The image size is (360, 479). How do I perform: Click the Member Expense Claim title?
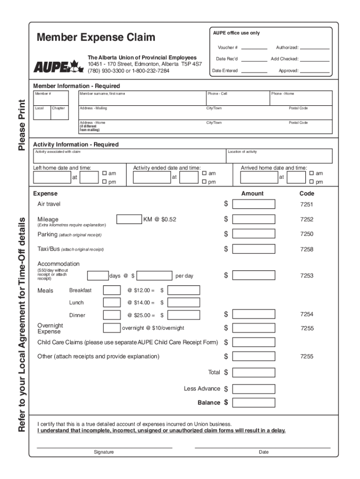point(96,37)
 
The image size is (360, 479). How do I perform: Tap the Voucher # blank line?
point(254,47)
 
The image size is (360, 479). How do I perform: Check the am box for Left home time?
point(105,174)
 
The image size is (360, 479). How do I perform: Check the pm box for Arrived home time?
point(312,182)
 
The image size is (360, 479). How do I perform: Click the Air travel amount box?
point(253,204)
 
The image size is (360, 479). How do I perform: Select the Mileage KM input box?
point(129,219)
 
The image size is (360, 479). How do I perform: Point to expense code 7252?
point(307,219)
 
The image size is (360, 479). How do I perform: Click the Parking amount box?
point(253,234)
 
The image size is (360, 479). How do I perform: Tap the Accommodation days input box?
point(98,276)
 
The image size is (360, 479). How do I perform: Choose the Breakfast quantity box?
point(111,290)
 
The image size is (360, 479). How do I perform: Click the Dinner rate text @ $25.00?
point(141,315)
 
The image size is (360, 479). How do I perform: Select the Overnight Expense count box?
point(111,328)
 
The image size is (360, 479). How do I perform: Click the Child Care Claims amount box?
point(253,342)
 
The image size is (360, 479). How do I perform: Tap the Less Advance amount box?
point(253,389)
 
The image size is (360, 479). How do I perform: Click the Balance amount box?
point(253,402)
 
